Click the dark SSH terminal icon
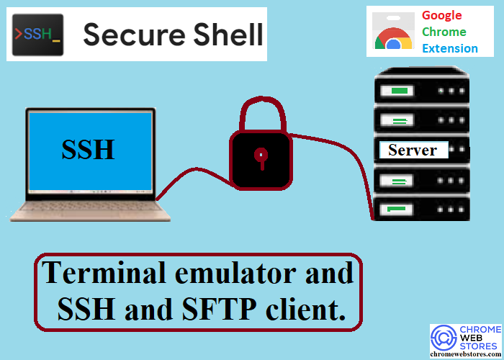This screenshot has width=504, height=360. coord(38,35)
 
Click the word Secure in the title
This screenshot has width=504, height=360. coord(135,35)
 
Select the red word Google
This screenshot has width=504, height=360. coord(441,16)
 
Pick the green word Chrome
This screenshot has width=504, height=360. coord(444,32)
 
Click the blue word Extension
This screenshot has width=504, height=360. coord(450,48)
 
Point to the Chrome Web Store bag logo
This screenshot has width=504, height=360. coord(393,32)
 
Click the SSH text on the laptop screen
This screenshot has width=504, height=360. coord(88,150)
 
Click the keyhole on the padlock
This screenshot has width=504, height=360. coord(261,158)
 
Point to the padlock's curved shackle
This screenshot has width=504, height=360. coord(263,112)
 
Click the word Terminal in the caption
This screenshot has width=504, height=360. coord(104,273)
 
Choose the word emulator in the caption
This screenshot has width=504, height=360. coord(235,273)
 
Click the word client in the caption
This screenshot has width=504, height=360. coord(305,309)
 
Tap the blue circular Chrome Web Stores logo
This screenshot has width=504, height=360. coord(444,337)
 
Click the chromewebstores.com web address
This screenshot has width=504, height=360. coord(466,354)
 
